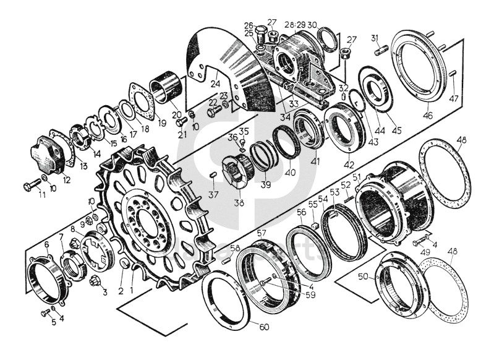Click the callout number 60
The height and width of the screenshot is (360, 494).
(264, 327)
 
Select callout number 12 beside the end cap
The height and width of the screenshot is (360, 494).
(66, 180)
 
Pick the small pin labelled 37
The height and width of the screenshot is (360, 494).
(214, 176)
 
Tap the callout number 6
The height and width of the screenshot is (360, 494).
(47, 245)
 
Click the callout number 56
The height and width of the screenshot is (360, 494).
(301, 212)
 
